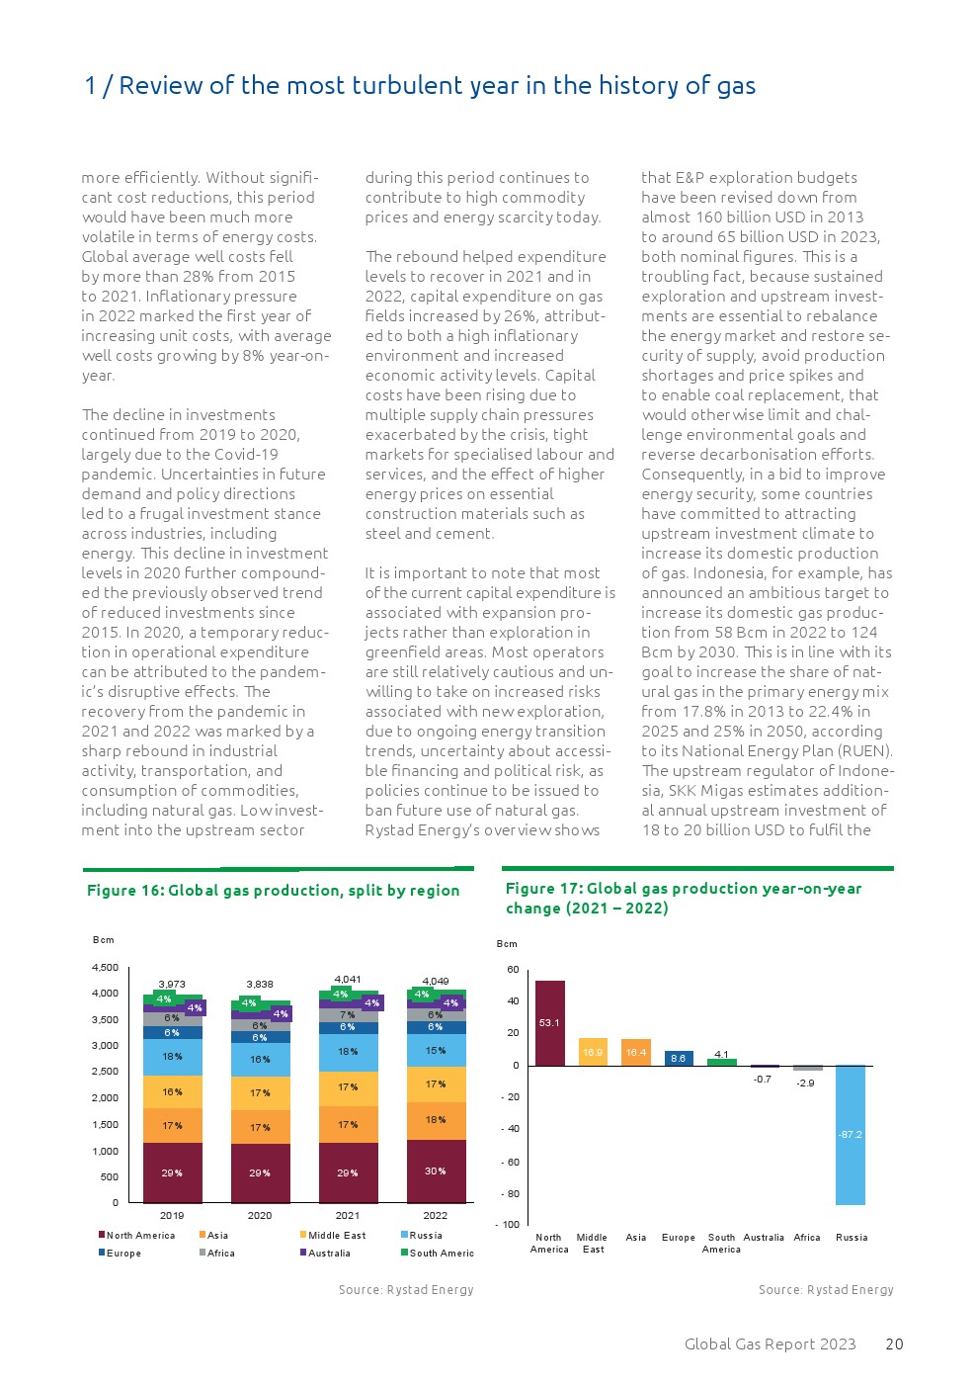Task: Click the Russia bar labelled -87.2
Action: (x=850, y=1134)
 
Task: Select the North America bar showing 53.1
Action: (x=549, y=1023)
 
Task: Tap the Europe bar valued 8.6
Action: (x=679, y=1058)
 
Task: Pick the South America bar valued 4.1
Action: (x=721, y=1061)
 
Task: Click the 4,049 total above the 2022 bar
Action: (x=436, y=982)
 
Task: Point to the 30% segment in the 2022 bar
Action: (x=436, y=1170)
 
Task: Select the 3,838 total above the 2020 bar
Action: (x=260, y=985)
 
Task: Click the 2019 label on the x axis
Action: (x=172, y=1215)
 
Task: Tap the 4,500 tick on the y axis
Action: (x=105, y=968)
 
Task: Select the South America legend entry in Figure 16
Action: (x=441, y=1253)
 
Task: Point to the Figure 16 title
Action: (x=273, y=891)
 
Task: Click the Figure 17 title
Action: (x=683, y=898)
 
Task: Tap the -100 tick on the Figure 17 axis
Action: (x=509, y=1225)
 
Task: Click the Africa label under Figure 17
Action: (x=807, y=1238)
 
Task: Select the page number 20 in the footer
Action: (x=894, y=1344)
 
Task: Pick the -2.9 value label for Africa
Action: (x=806, y=1084)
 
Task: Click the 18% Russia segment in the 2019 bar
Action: (x=172, y=1056)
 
